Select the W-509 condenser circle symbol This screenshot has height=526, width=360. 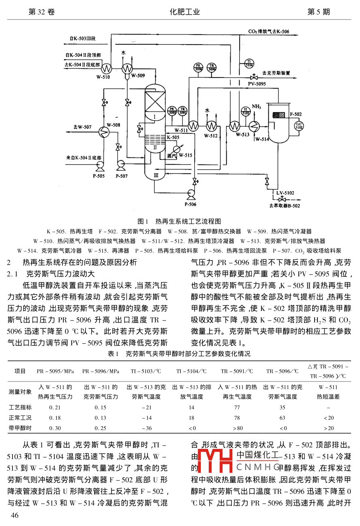tap(127, 68)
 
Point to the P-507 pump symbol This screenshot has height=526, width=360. tap(120, 164)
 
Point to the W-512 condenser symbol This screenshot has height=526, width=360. tap(210, 126)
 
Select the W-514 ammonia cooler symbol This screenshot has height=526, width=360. tap(255, 126)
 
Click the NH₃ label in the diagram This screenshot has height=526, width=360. tap(256, 107)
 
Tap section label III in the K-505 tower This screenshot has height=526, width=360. tap(156, 175)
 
